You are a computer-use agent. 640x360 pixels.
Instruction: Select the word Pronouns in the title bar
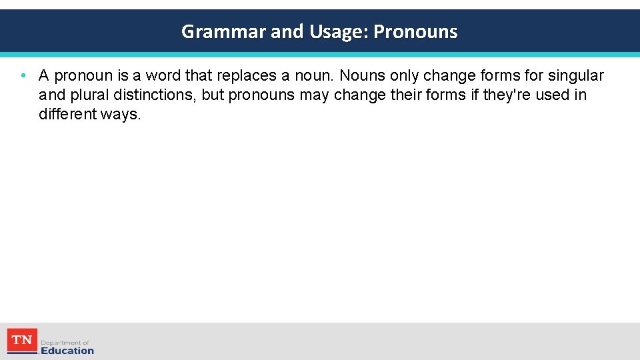[x=415, y=31]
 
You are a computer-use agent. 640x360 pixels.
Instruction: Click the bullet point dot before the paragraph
[x=23, y=75]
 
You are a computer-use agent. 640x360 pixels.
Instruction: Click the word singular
[x=575, y=75]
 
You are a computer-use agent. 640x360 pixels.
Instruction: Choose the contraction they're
[x=507, y=95]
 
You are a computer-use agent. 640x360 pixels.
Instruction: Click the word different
[x=67, y=114]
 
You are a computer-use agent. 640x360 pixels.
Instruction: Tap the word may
[x=314, y=95]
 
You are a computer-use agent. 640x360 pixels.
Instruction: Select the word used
[x=552, y=95]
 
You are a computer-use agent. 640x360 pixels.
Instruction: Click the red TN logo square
[x=21, y=340]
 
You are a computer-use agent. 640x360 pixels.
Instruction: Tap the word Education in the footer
[x=67, y=350]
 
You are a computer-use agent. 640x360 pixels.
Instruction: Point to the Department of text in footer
[x=65, y=342]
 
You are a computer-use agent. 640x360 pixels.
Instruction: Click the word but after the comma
[x=213, y=95]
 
